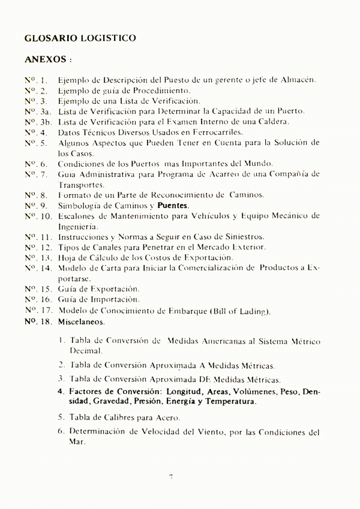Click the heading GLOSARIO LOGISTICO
pos(80,38)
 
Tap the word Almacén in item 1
pos(298,80)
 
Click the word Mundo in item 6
pos(259,164)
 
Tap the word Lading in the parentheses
pos(254,311)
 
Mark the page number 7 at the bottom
pos(172,477)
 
